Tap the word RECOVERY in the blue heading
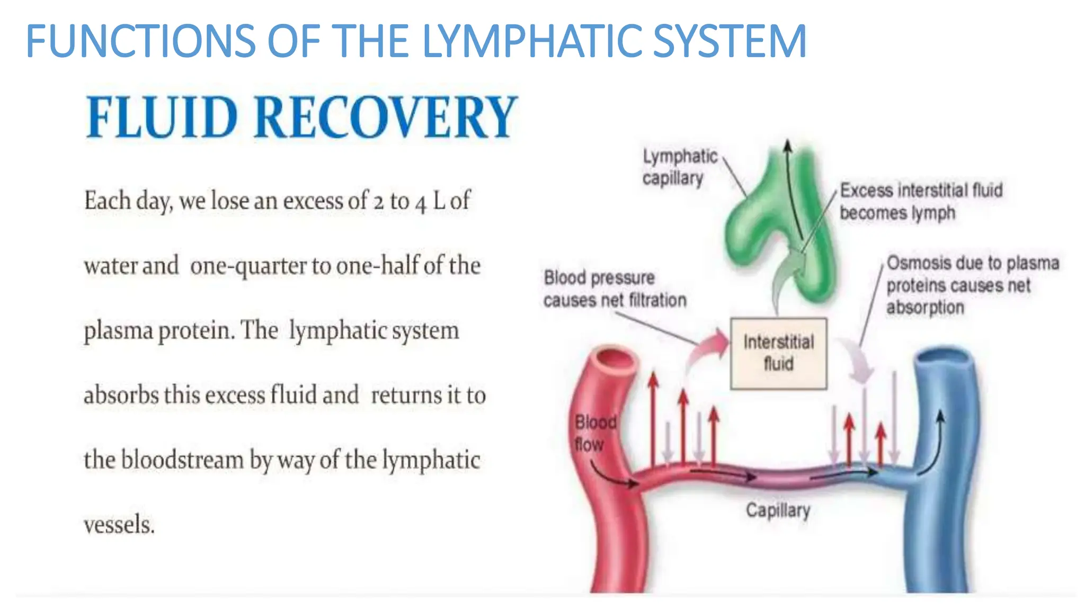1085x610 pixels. (x=386, y=118)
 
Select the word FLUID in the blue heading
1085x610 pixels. (x=162, y=118)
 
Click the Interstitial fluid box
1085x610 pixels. (x=778, y=353)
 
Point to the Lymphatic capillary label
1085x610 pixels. (x=679, y=167)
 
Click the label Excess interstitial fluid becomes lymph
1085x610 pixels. (x=921, y=201)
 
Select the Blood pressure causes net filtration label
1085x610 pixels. (x=615, y=289)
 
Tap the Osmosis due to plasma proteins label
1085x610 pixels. (x=972, y=285)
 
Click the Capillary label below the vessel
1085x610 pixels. (x=778, y=510)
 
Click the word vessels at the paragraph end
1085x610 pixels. (x=119, y=525)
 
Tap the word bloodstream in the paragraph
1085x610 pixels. (x=182, y=460)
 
